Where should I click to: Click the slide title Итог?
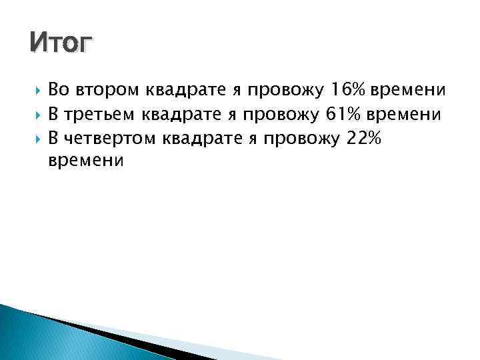pos(62,45)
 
